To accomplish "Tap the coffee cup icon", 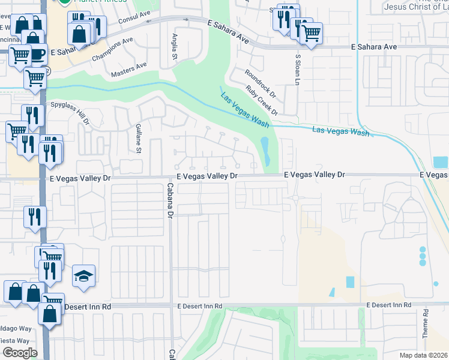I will tap(37, 54).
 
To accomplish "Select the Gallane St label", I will tap(137, 139).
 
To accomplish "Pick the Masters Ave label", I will tap(129, 70).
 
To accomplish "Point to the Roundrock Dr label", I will tap(260, 83).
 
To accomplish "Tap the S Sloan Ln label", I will tap(297, 68).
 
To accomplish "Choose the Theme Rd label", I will tap(425, 324).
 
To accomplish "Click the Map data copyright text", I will tap(423, 355).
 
